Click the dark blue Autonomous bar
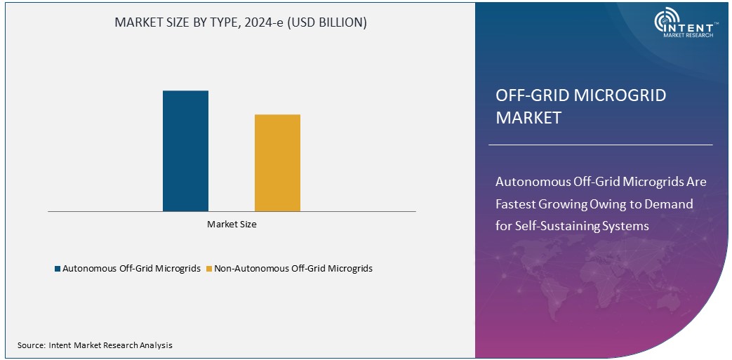[185, 151]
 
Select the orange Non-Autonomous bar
[277, 162]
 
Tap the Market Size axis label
[232, 225]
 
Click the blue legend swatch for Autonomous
[58, 269]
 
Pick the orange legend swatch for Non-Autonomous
[209, 269]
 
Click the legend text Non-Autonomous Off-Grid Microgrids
[293, 269]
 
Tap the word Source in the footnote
[31, 345]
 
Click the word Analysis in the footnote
[155, 345]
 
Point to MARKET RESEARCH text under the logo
[688, 35]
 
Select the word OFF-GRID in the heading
[528, 95]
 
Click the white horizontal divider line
[600, 145]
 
